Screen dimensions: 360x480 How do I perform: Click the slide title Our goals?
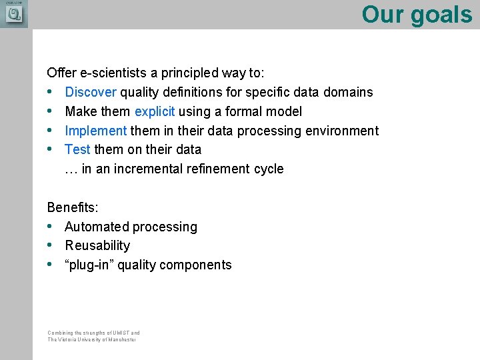417,14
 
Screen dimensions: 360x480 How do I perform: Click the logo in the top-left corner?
13,13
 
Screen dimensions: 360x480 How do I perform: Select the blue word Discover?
91,92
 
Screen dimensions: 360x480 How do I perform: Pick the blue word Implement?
95,131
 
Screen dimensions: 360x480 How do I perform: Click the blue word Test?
78,149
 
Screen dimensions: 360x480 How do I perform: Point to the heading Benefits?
72,207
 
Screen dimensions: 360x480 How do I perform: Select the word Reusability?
97,245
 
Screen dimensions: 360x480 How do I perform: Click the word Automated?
97,227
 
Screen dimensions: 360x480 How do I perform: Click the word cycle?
269,169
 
